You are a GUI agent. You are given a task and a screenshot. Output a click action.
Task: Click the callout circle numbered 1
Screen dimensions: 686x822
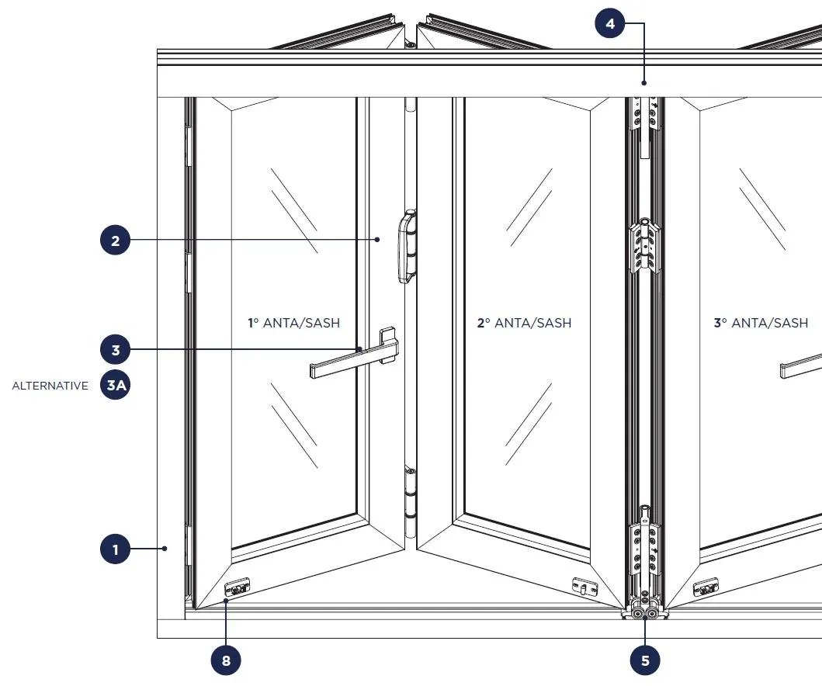pyautogui.click(x=116, y=550)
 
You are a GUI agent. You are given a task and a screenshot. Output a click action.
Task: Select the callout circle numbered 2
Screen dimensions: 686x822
pyautogui.click(x=116, y=241)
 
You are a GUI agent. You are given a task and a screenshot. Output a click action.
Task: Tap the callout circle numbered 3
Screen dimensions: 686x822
pyautogui.click(x=116, y=350)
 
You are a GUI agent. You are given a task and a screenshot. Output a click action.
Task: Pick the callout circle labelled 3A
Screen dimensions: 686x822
pyautogui.click(x=116, y=386)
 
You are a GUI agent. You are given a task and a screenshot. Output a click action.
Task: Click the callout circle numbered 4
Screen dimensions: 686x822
pyautogui.click(x=610, y=24)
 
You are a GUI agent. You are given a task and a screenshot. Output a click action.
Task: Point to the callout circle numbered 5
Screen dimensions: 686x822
pyautogui.click(x=645, y=660)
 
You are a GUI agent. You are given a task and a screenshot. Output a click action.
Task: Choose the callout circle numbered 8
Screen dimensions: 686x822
pyautogui.click(x=226, y=660)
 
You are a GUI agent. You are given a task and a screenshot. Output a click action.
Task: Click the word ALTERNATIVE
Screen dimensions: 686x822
pyautogui.click(x=50, y=386)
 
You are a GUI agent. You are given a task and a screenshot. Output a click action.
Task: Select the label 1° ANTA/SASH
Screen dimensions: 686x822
pyautogui.click(x=293, y=323)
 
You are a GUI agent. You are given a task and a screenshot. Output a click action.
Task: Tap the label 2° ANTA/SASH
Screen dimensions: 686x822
pyautogui.click(x=524, y=323)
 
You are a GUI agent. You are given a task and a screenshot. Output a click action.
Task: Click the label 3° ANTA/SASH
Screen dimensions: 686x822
pyautogui.click(x=761, y=323)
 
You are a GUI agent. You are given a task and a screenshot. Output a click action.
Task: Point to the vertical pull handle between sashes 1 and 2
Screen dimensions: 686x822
pyautogui.click(x=407, y=247)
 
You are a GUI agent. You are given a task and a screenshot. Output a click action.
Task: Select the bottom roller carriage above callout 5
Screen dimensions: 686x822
pyautogui.click(x=644, y=609)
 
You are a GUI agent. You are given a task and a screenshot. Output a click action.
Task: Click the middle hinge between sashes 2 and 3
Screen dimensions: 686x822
pyautogui.click(x=645, y=245)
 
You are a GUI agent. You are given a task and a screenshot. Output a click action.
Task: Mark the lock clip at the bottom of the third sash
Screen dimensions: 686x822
pyautogui.click(x=706, y=588)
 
